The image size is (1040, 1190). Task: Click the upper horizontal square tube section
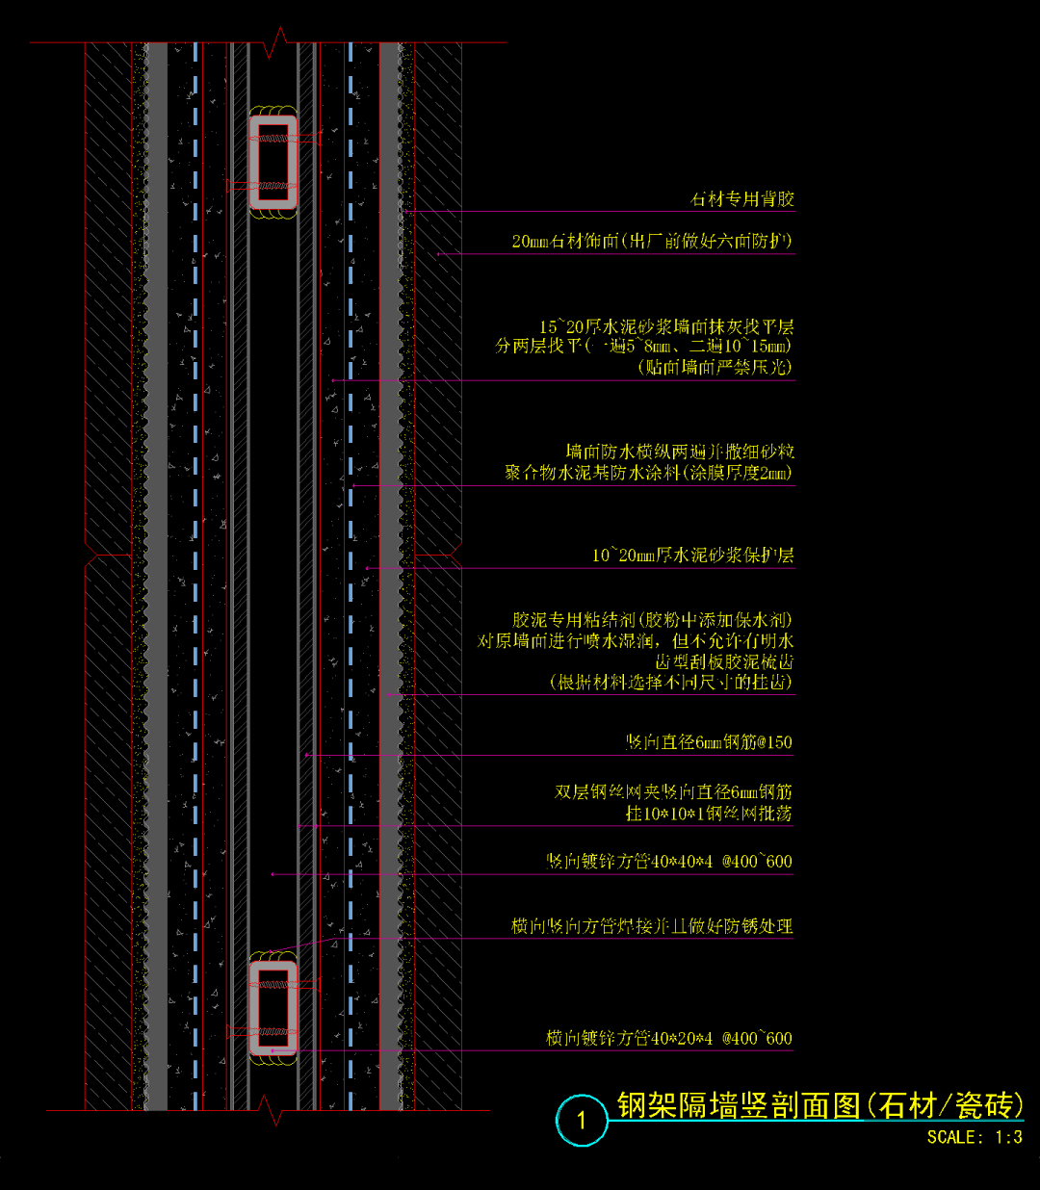[x=273, y=163]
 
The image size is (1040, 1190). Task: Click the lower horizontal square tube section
[x=273, y=1007]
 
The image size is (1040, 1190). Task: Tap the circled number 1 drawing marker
[x=581, y=1120]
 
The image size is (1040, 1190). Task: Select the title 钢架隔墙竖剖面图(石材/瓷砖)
[x=819, y=1105]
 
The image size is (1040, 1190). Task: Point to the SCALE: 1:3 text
[x=974, y=1137]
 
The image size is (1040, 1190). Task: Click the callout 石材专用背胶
[x=741, y=199]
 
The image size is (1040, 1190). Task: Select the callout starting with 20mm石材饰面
[x=652, y=241]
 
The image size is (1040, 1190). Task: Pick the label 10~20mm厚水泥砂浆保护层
[x=692, y=556]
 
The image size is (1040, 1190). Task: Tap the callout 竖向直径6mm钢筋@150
[x=709, y=742]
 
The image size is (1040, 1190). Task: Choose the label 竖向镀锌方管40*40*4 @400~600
[x=669, y=862]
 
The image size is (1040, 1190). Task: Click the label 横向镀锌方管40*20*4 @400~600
[x=669, y=1039]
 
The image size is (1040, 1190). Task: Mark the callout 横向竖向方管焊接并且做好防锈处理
[x=652, y=926]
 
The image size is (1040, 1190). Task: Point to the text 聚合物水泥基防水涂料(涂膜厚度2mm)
[x=648, y=473]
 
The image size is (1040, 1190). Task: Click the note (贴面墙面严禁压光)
[x=715, y=367]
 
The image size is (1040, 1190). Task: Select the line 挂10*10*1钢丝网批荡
[x=709, y=814]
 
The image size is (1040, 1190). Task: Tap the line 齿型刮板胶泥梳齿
[x=724, y=661]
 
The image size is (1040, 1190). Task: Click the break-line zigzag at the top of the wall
[x=279, y=42]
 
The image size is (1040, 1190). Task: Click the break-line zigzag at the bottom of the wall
[x=273, y=1110]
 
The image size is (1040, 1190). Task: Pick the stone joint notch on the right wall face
[x=449, y=556]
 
